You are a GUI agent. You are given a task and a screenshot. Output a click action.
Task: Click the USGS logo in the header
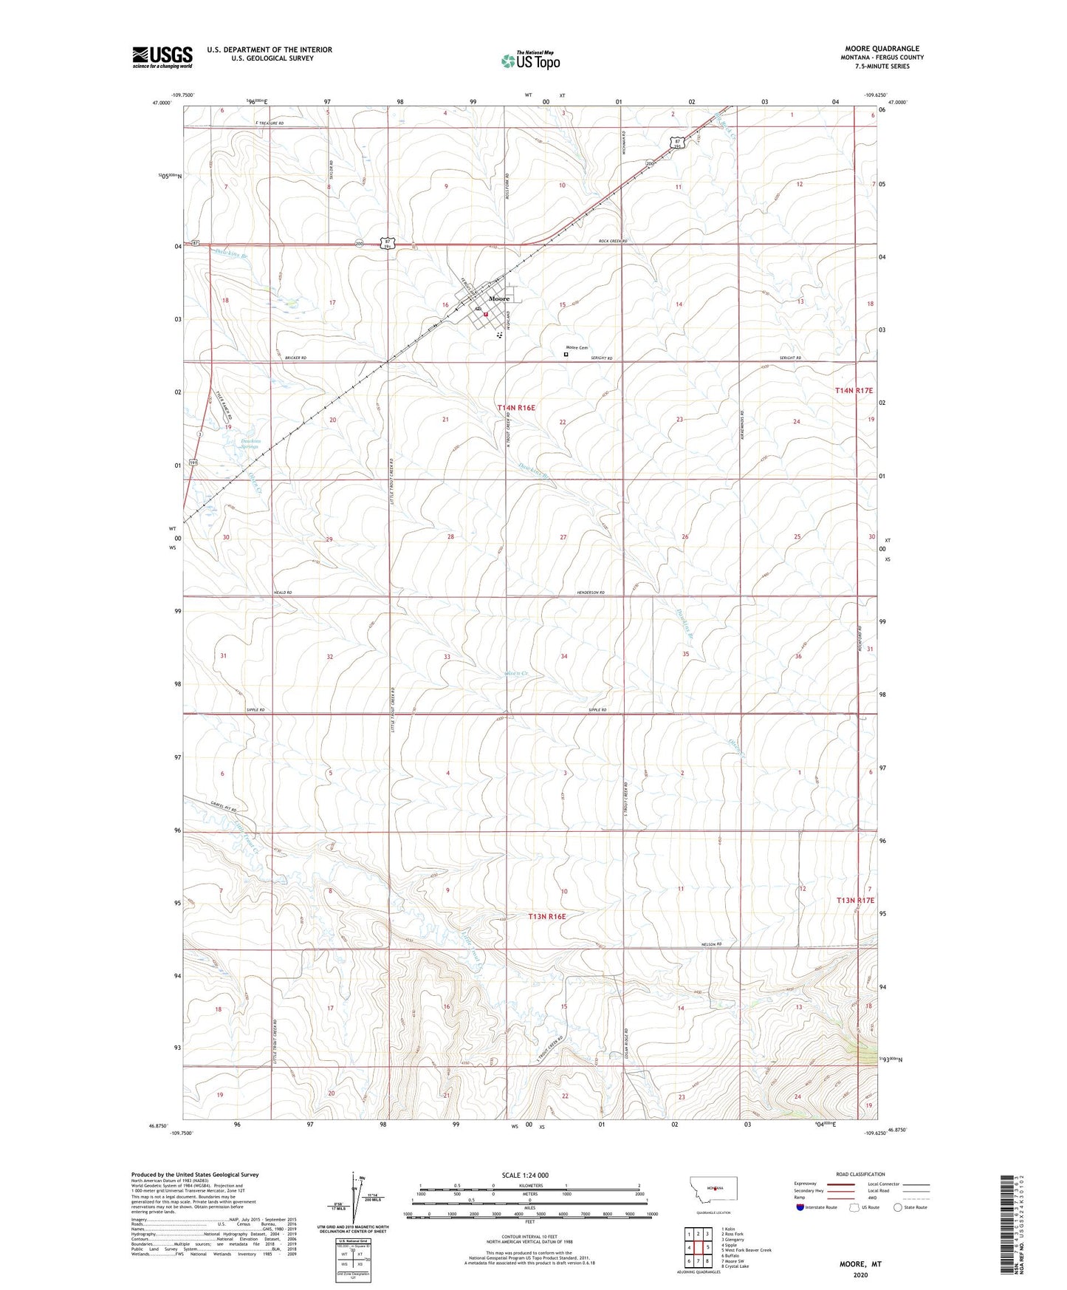[162, 57]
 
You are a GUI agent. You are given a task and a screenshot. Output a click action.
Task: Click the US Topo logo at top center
[529, 61]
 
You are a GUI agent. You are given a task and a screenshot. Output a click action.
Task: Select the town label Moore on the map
[499, 298]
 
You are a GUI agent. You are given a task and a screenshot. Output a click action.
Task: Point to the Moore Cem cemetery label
[577, 348]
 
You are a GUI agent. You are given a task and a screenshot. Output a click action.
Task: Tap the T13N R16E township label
[547, 916]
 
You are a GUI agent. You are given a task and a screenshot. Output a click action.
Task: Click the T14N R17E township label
[854, 390]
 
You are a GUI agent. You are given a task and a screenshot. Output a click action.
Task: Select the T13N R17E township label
[855, 900]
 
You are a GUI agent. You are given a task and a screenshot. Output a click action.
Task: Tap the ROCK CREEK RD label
[612, 241]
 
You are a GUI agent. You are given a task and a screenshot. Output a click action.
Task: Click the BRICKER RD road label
[295, 358]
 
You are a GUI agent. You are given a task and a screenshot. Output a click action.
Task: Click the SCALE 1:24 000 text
[524, 1175]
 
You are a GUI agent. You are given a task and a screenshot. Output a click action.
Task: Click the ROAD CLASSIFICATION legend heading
[861, 1174]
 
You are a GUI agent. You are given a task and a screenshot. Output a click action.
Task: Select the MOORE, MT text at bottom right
[860, 1264]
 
